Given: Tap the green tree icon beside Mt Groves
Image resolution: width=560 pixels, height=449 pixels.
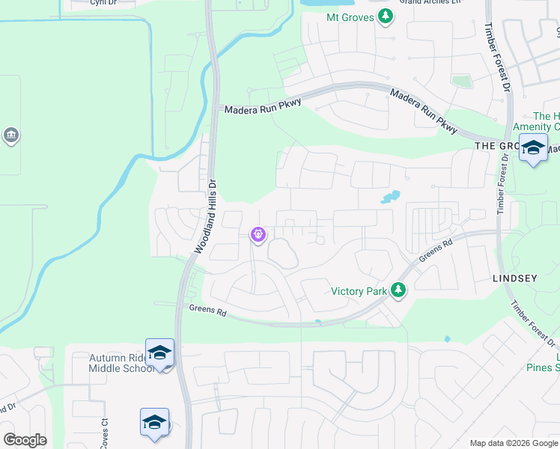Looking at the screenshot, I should pyautogui.click(x=386, y=16).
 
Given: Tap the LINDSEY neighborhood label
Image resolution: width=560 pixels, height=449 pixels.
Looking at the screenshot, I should pyautogui.click(x=514, y=278).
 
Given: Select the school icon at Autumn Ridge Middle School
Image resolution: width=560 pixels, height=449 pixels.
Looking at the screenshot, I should pyautogui.click(x=160, y=352).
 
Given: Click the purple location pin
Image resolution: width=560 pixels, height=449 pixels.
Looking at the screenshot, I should pyautogui.click(x=258, y=235).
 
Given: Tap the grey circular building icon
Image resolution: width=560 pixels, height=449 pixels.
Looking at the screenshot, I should pyautogui.click(x=11, y=135).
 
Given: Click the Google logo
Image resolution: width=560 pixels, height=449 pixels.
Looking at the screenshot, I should pyautogui.click(x=25, y=440).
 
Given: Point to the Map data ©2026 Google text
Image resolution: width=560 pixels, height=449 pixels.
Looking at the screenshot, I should pyautogui.click(x=513, y=443).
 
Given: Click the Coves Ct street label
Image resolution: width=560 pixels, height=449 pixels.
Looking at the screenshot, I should pyautogui.click(x=106, y=433).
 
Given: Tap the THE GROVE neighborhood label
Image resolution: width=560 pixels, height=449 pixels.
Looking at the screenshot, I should pyautogui.click(x=496, y=146).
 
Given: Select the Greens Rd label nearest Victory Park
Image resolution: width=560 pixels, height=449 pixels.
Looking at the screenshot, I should pyautogui.click(x=436, y=250).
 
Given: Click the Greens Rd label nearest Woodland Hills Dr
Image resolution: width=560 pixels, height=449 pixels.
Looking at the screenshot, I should pyautogui.click(x=207, y=308).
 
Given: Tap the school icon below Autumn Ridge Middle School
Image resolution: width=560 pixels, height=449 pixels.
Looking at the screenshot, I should pyautogui.click(x=154, y=422).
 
